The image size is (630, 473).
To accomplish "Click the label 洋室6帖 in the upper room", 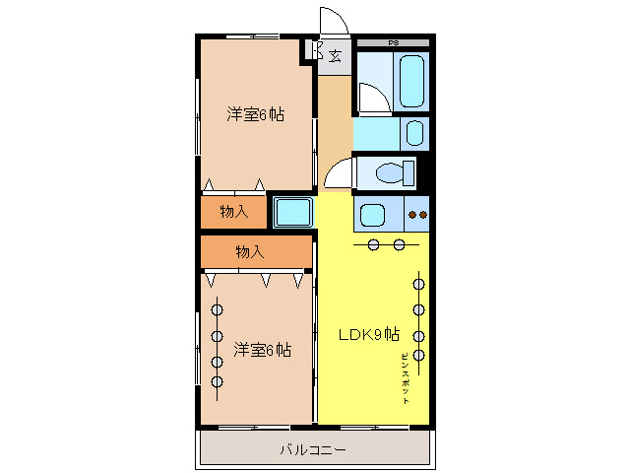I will (x=256, y=114).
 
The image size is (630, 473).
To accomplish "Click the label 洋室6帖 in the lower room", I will (x=262, y=349).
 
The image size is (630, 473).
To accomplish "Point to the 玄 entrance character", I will (x=336, y=55).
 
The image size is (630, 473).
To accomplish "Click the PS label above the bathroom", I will (x=393, y=43).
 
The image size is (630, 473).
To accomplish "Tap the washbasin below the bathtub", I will (x=415, y=132).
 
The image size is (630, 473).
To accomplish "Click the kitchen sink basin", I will (x=372, y=214).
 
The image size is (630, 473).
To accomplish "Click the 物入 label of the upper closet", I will (x=233, y=211).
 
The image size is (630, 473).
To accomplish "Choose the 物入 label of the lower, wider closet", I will (x=249, y=251).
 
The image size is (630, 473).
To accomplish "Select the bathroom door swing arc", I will (x=372, y=97).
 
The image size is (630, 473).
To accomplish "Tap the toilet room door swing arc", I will (x=338, y=174).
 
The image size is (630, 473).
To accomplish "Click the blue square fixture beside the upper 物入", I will (x=292, y=212).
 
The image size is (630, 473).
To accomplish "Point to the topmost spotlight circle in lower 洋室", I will (x=217, y=309).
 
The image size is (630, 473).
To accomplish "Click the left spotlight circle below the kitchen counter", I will (x=374, y=244).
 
